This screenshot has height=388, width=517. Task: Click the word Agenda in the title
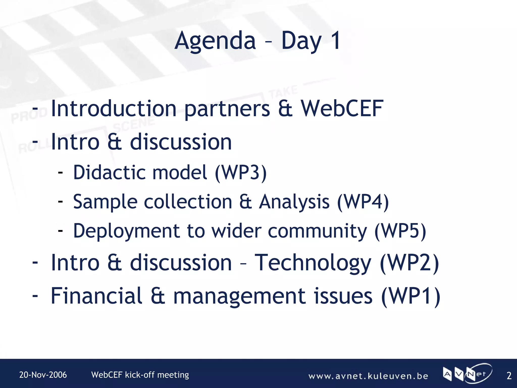coord(215,41)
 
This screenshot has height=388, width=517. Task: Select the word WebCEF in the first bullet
coord(342,109)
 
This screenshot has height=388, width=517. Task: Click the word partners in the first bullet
coord(227,109)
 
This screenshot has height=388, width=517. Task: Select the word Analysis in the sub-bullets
coord(294,202)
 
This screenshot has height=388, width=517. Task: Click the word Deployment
coord(126,231)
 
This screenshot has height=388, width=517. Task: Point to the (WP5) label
coord(400,231)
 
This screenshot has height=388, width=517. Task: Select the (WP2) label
coord(409,263)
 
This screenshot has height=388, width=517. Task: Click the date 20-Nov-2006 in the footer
coord(43,375)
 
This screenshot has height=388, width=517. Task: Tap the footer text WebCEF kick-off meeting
coord(140,375)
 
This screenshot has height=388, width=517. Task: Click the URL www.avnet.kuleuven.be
coord(368,376)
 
